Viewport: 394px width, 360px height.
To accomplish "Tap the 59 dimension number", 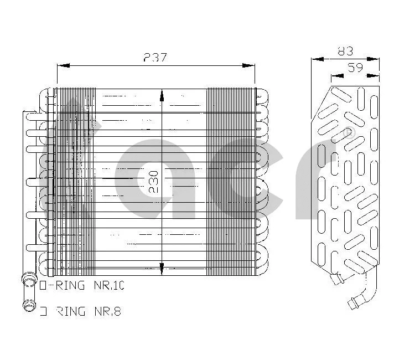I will pyautogui.click(x=355, y=68).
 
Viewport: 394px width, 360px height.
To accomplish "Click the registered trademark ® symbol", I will pyautogui.click(x=348, y=133).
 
